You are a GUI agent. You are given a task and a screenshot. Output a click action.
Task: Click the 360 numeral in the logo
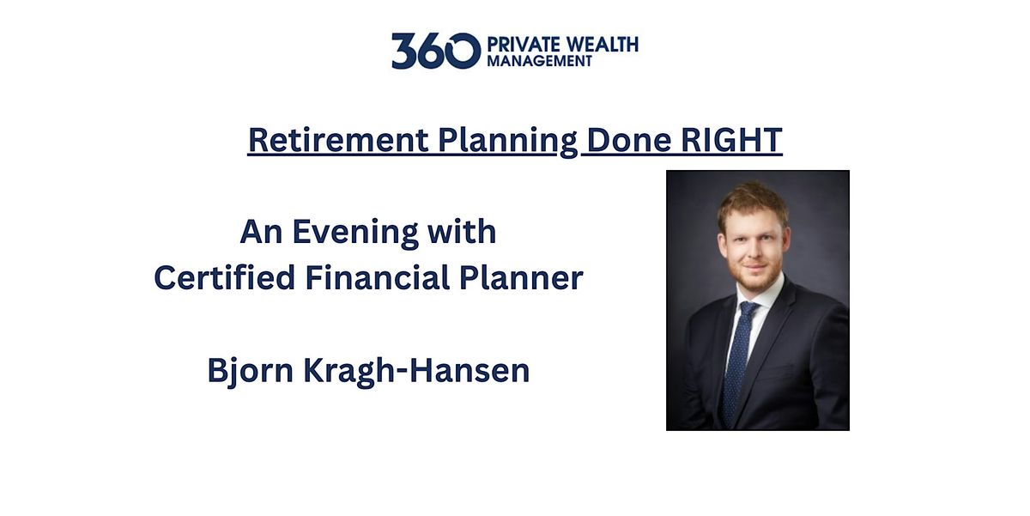434,51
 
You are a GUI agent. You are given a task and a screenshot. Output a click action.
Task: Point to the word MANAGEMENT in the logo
538,61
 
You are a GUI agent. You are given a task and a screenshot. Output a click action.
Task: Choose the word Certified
222,278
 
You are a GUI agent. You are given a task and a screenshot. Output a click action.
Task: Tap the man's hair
752,197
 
